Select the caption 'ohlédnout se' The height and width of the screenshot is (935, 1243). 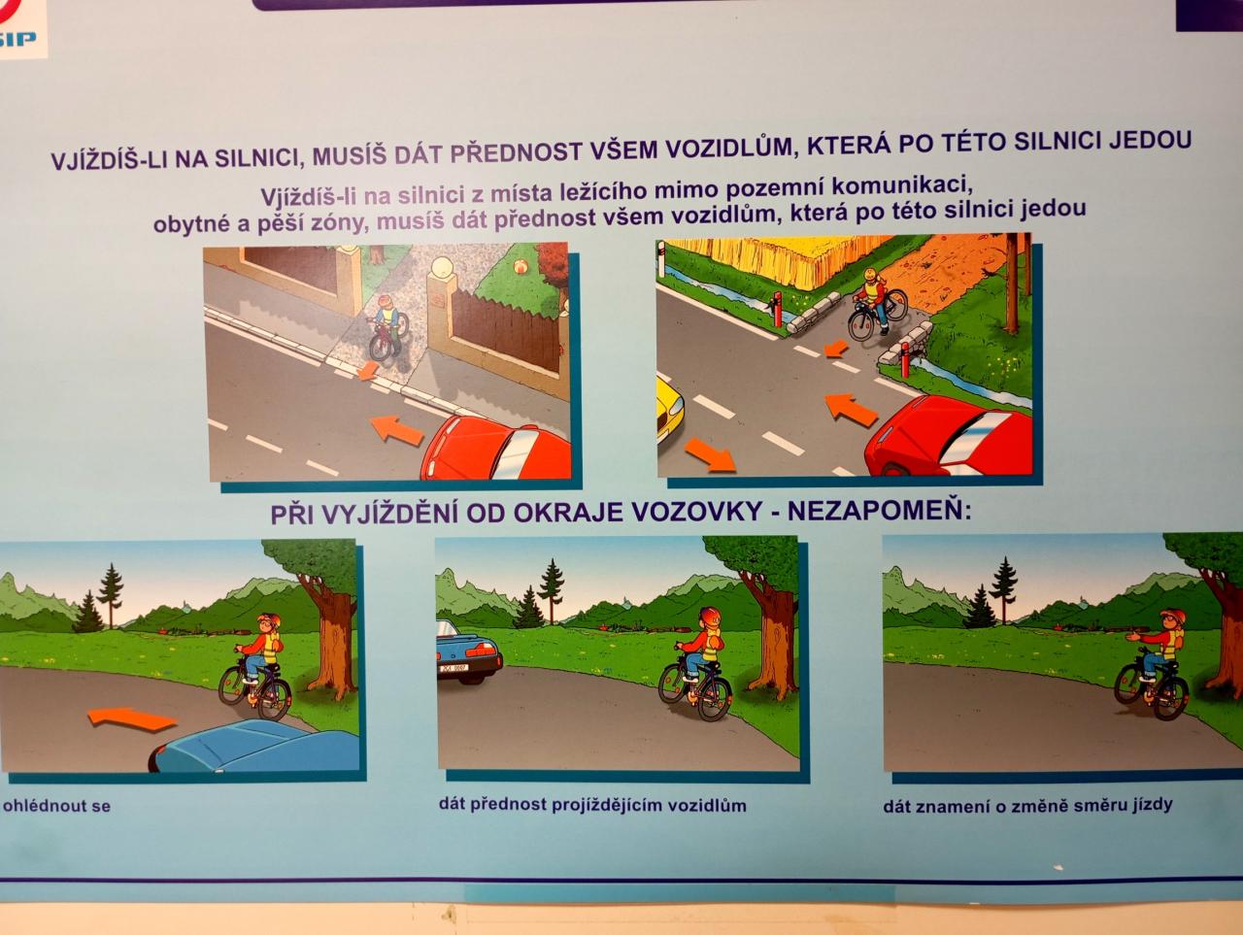point(56,806)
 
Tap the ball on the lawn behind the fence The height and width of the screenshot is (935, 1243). point(519,266)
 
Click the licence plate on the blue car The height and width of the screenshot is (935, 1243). point(454,668)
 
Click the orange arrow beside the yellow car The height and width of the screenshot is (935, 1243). point(710,455)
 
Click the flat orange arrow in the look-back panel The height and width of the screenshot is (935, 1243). point(132,718)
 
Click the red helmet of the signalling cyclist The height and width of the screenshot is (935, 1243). point(1171,616)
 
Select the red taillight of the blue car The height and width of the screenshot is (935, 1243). point(481,650)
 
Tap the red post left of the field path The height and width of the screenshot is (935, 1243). point(778,309)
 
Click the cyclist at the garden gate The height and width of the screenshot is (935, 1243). point(387,328)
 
